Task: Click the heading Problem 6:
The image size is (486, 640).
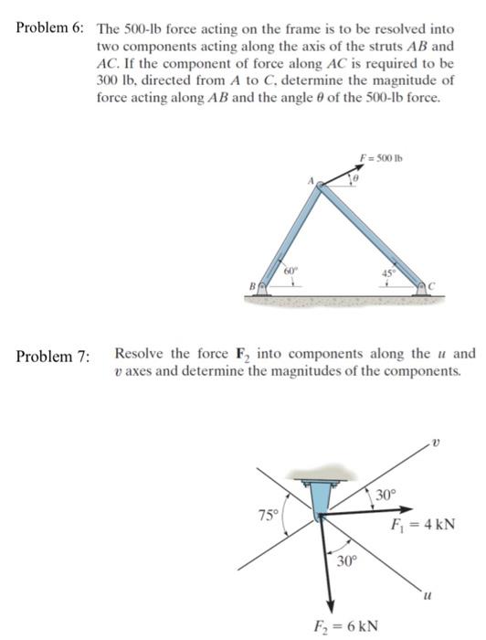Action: pos(50,27)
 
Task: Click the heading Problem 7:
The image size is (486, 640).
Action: pos(50,356)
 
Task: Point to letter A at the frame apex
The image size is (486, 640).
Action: pos(312,182)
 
